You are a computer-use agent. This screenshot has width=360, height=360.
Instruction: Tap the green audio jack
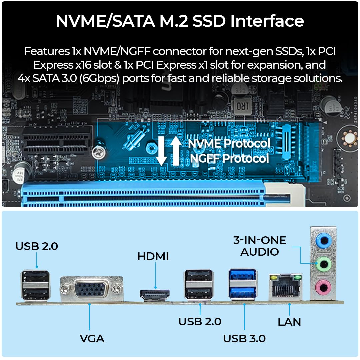(323, 264)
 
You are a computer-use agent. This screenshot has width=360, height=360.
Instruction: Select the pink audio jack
(323, 287)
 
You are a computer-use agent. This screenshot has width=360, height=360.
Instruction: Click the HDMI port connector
(155, 295)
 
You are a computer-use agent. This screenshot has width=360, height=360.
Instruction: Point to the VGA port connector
(92, 289)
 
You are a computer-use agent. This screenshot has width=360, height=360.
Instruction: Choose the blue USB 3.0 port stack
(242, 284)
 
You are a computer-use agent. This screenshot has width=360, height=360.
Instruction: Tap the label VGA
(92, 339)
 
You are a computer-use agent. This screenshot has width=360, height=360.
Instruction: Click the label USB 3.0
(244, 338)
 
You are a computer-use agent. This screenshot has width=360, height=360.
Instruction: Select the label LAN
(289, 322)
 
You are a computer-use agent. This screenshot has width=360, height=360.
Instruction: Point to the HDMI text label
(153, 256)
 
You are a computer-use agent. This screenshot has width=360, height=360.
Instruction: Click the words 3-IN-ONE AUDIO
(260, 246)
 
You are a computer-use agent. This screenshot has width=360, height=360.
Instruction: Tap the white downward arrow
(161, 151)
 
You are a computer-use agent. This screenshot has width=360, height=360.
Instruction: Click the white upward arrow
(176, 151)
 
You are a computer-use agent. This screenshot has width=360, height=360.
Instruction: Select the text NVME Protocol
(229, 143)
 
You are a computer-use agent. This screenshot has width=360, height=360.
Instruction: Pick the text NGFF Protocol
(229, 158)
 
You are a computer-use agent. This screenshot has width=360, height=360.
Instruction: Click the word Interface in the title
(267, 21)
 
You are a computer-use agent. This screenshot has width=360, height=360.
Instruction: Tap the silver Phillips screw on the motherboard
(99, 152)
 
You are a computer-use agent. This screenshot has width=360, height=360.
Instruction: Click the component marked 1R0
(242, 106)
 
